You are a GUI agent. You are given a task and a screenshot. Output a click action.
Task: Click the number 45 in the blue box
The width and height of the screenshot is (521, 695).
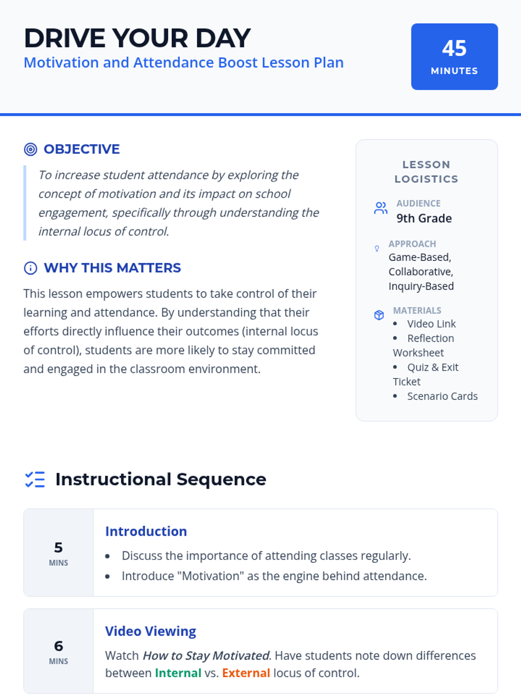pyautogui.click(x=454, y=48)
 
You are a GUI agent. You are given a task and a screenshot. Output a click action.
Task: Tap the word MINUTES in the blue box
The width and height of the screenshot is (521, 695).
pyautogui.click(x=454, y=71)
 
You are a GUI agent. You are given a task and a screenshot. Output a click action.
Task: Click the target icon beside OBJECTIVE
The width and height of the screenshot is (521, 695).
pyautogui.click(x=30, y=149)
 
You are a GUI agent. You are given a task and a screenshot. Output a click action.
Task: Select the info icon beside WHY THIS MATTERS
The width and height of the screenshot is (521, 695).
pyautogui.click(x=30, y=268)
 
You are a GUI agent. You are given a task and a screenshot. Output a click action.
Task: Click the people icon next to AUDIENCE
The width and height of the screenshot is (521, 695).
pyautogui.click(x=381, y=208)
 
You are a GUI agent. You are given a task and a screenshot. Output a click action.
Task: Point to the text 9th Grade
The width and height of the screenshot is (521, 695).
pyautogui.click(x=424, y=218)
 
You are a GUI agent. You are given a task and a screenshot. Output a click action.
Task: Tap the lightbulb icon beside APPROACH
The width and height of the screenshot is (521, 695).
pyautogui.click(x=377, y=248)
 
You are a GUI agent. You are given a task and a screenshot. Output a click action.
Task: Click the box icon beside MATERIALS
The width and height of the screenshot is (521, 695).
pyautogui.click(x=379, y=315)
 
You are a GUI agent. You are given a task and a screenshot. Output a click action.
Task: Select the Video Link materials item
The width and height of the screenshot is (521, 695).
pyautogui.click(x=431, y=324)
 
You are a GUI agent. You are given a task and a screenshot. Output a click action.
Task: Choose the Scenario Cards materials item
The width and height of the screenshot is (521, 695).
pyautogui.click(x=442, y=396)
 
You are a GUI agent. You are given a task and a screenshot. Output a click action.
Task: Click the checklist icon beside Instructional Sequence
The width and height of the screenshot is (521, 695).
pyautogui.click(x=35, y=480)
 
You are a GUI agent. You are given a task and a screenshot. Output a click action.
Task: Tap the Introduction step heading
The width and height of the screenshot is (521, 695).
pyautogui.click(x=146, y=531)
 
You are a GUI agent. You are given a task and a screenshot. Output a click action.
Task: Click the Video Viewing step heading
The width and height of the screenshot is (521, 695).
pyautogui.click(x=150, y=631)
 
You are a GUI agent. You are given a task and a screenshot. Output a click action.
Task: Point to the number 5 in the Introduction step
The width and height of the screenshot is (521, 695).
pyautogui.click(x=58, y=547)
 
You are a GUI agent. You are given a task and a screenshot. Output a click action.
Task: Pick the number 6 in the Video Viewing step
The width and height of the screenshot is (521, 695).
pyautogui.click(x=58, y=646)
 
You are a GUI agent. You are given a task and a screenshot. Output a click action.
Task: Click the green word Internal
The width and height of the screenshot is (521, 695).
pyautogui.click(x=178, y=673)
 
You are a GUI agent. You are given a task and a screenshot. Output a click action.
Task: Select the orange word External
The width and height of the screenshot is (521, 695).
pyautogui.click(x=246, y=673)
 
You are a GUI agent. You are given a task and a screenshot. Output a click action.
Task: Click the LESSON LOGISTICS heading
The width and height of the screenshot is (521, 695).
pyautogui.click(x=426, y=172)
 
